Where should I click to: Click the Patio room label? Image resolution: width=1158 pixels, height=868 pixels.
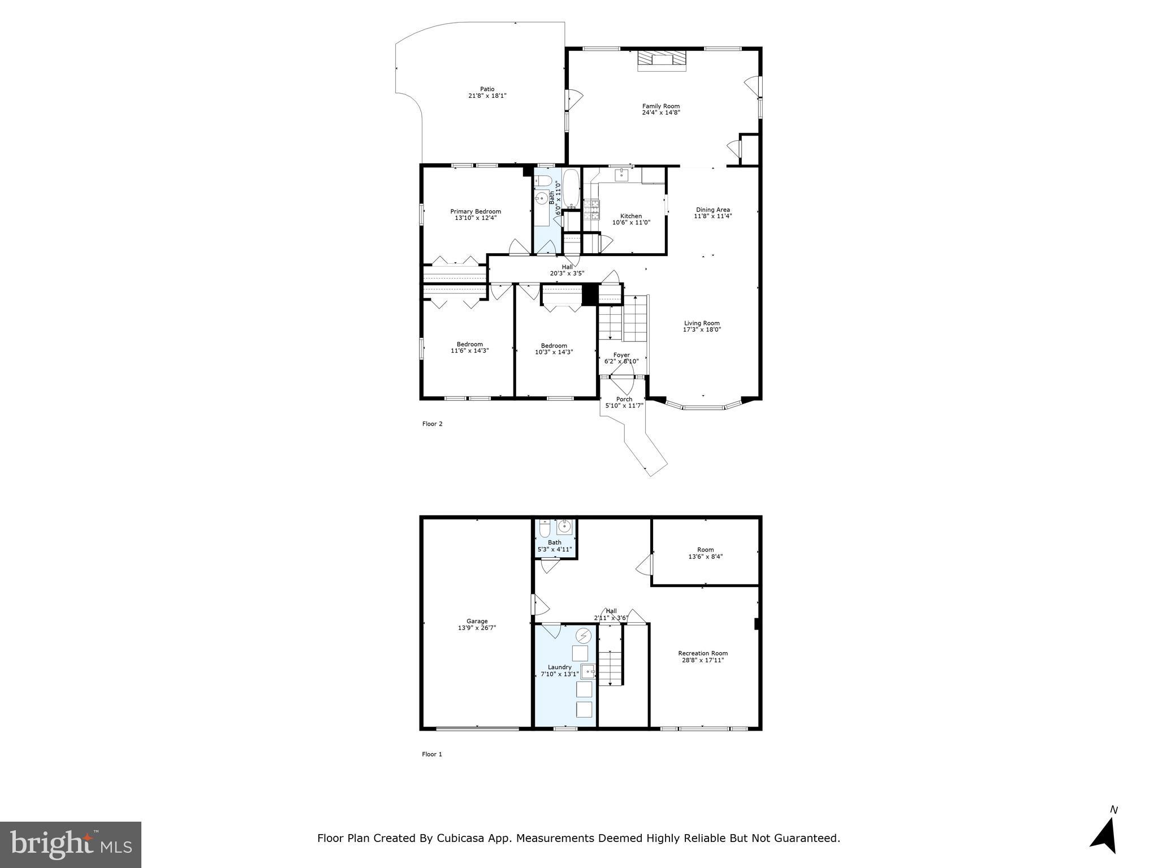point(487,89)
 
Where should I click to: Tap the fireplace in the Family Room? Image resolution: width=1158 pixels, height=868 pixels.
point(662,61)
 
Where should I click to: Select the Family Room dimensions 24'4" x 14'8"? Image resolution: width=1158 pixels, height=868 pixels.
point(660,112)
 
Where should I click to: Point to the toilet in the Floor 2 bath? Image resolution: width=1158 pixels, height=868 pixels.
point(543,181)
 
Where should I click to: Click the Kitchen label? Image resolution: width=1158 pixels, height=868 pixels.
point(631,216)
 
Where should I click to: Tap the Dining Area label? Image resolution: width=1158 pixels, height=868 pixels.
point(712,210)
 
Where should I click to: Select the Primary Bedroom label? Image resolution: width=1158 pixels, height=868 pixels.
point(476,211)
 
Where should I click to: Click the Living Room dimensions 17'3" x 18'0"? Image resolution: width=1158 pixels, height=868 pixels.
point(702,329)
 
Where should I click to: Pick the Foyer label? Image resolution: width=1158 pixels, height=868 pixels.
point(621,355)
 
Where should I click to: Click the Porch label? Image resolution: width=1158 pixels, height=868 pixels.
point(624,399)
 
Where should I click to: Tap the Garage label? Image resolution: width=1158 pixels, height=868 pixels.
point(477,621)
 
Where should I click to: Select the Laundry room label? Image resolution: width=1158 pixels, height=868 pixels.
point(559,667)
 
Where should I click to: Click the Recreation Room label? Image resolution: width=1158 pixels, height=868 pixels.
point(703,653)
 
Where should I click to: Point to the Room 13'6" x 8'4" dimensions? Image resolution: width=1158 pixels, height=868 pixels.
point(705,556)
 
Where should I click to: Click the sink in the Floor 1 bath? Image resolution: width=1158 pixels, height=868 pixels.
point(564,527)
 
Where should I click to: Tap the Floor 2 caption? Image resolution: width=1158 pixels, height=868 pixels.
point(432,424)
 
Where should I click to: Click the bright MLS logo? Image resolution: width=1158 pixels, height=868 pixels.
point(71,844)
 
